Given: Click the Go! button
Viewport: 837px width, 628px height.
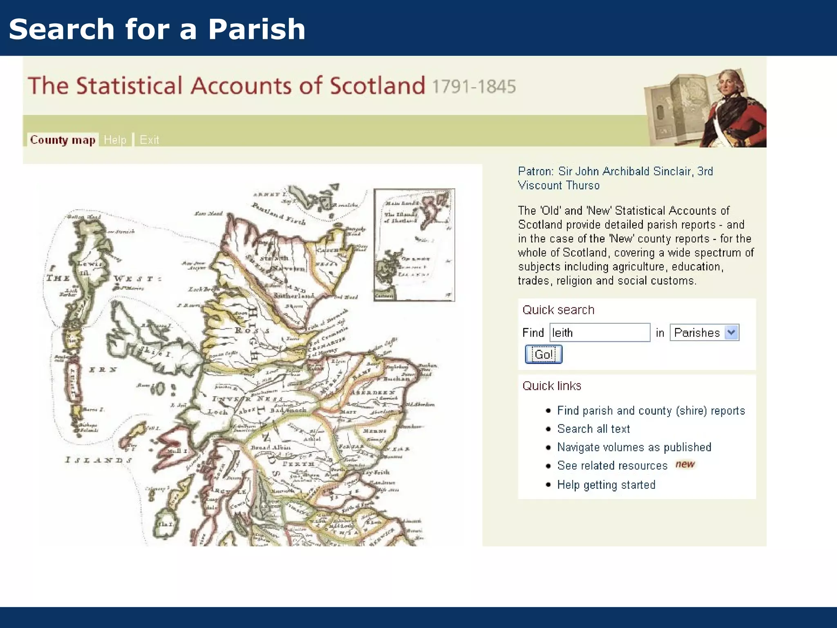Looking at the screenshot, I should (543, 354).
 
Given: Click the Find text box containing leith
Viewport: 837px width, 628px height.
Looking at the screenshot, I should (600, 332).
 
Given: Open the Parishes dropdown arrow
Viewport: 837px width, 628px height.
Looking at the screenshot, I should (732, 332).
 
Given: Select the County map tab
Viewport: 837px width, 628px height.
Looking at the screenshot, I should (63, 140).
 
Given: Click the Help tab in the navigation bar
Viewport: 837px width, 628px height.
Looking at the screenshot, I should (115, 140).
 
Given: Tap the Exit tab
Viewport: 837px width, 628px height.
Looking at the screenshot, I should (149, 140).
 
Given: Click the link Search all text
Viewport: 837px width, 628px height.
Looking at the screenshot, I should (593, 429).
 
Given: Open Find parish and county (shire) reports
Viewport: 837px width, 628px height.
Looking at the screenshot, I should (651, 410).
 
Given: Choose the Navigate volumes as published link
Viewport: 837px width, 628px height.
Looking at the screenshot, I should (634, 447).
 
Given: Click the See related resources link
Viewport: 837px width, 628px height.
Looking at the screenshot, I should (612, 466).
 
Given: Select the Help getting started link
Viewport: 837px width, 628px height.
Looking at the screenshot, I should (606, 485).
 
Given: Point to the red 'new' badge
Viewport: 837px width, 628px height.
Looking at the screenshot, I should (685, 464).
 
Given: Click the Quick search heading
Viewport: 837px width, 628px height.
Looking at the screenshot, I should (558, 310).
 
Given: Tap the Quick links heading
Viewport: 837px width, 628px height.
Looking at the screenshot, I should (552, 386).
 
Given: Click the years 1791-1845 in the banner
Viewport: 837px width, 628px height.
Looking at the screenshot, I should (474, 87).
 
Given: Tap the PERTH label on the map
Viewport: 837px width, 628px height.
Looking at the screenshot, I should (299, 464).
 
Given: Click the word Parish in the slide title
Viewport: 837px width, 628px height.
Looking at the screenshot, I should (257, 29).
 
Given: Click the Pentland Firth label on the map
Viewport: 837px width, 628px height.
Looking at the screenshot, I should (278, 214).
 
